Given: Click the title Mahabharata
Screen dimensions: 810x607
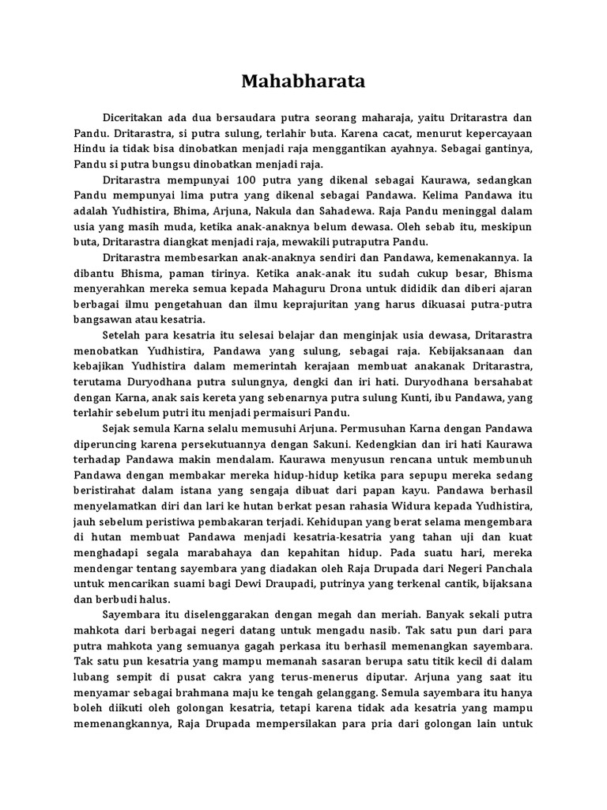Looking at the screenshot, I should click(303, 81).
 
